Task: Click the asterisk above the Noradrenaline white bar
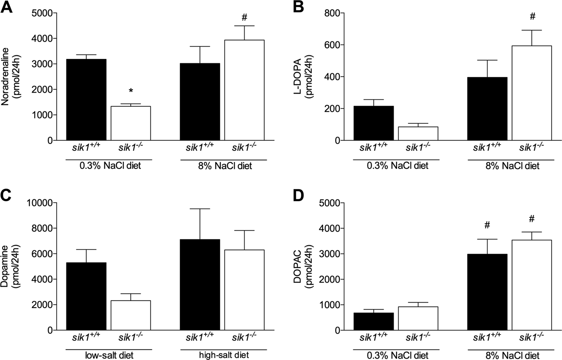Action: (131, 91)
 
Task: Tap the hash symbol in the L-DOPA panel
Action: (532, 17)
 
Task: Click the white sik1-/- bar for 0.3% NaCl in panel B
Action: (418, 134)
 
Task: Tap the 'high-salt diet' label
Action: (224, 355)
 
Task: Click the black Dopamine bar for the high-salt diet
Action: (200, 284)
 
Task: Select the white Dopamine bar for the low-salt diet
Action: (131, 315)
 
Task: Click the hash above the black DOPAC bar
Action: (487, 225)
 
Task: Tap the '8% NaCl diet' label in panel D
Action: (512, 355)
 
